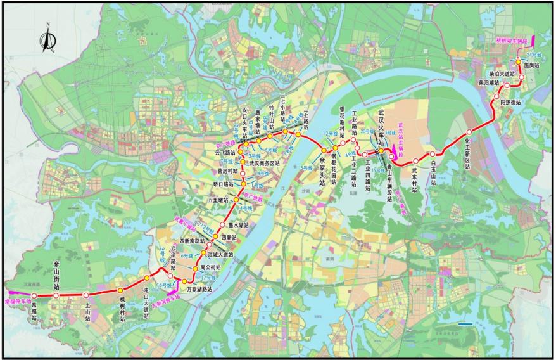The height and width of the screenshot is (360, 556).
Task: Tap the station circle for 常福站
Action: coord(35,296)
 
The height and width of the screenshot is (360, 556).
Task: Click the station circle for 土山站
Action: coord(86,295)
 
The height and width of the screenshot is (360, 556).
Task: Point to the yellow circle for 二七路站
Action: coord(298,134)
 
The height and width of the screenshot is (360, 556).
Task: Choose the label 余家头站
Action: coord(322,170)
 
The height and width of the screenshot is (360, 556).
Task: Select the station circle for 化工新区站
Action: coord(469,132)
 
